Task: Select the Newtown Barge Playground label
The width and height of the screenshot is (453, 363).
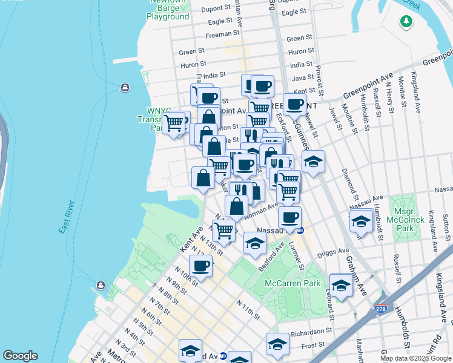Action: [168, 11]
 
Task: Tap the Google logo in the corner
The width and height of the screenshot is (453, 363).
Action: [21, 356]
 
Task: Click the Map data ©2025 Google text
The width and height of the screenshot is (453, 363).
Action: [415, 358]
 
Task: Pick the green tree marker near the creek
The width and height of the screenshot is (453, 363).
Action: [406, 22]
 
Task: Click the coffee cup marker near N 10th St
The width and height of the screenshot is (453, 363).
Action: [200, 265]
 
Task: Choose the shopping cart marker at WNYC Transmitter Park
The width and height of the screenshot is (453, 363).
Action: [174, 123]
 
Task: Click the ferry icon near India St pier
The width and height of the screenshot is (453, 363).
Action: [125, 87]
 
